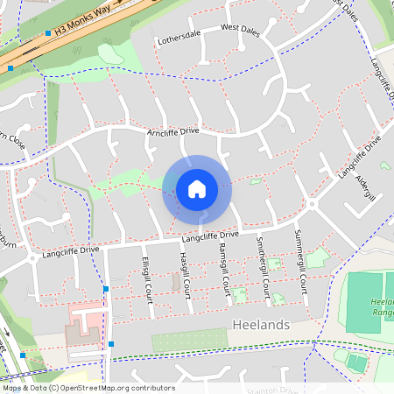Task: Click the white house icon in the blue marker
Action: tap(197, 189)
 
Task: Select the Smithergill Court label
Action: tap(261, 267)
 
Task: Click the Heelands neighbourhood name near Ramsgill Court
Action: tap(263, 325)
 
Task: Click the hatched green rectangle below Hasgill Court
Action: tap(189, 341)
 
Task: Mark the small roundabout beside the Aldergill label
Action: tap(311, 205)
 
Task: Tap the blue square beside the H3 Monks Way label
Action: tap(48, 34)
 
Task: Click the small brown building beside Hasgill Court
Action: tap(175, 282)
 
